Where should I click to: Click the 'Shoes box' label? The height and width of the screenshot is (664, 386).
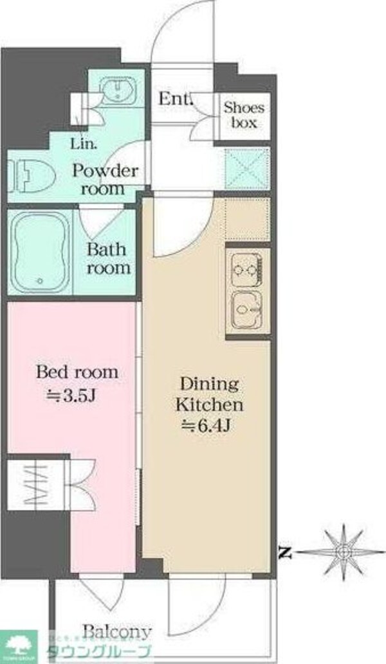[x=244, y=115]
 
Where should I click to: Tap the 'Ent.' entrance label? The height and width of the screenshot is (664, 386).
[x=175, y=100]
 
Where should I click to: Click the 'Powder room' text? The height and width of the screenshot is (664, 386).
[x=105, y=180]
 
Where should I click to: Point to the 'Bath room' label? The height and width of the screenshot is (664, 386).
[x=109, y=258]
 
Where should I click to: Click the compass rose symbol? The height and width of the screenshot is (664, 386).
[x=345, y=551]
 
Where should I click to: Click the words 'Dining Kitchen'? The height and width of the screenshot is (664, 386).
[x=210, y=395]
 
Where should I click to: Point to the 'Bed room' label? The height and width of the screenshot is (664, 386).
[x=77, y=372]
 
